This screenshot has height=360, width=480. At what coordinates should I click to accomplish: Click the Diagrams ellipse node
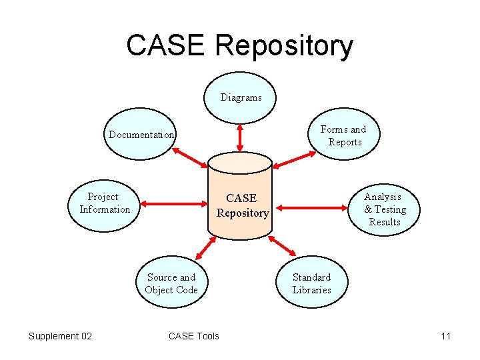241,97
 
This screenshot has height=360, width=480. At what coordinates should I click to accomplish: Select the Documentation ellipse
141,135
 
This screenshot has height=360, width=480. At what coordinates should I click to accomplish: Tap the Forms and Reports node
344,135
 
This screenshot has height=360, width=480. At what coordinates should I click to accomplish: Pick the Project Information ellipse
104,203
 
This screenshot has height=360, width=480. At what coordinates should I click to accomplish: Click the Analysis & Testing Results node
384,209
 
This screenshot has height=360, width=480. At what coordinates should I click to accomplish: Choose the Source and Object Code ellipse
171,283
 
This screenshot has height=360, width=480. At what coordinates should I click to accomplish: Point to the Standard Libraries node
311,283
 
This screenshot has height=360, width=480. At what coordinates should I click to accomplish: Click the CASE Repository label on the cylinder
242,205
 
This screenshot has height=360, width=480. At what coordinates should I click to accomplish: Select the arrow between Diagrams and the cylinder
239,138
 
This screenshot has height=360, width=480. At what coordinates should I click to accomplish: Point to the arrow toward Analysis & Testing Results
314,205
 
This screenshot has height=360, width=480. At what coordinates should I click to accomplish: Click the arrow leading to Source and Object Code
206,248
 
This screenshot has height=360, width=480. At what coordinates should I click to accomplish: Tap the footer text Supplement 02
60,336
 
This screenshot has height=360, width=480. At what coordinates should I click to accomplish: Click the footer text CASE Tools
193,336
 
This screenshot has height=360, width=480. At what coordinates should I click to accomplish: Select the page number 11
445,336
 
